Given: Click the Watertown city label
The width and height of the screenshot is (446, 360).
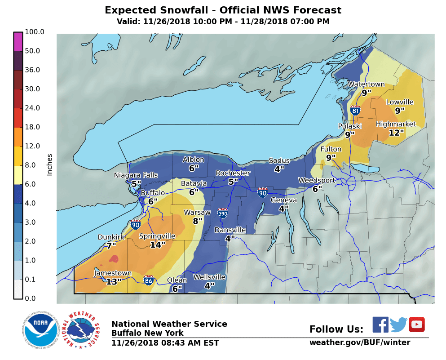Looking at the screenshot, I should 366,84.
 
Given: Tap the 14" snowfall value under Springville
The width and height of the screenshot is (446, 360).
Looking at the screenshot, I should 158,245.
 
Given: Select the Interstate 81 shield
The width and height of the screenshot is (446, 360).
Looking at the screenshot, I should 355,110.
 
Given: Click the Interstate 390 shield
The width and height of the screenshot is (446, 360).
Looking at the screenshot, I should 222,212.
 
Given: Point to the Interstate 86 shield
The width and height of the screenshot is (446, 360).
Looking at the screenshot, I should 149,280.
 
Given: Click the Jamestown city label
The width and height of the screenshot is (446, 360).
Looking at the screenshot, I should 113,273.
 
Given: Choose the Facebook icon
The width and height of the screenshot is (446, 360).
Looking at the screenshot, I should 380,324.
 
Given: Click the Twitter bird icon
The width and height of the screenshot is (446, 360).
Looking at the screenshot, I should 398,324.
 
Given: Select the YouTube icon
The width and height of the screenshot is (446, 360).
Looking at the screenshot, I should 416,324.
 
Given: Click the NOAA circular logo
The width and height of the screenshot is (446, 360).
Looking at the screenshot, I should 41,330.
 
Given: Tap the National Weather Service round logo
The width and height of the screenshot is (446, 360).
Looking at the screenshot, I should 81,330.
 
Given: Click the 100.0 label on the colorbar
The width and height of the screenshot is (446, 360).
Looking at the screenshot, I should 35,32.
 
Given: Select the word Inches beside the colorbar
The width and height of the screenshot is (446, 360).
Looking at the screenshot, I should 49,164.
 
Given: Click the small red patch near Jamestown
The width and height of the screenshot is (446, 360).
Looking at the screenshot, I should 114,258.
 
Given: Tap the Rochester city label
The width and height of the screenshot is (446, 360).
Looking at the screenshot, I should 233,173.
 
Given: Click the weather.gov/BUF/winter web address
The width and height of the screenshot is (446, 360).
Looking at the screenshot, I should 359,342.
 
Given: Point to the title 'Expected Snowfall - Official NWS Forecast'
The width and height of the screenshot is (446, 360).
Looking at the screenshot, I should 223,10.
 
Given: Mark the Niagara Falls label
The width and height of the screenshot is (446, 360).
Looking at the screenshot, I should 136,175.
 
